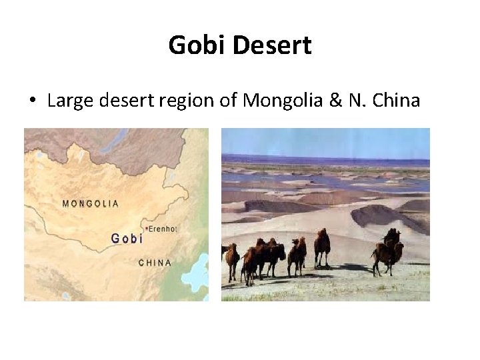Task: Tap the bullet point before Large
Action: tap(31, 101)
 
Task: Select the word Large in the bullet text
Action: tap(71, 101)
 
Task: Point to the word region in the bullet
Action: tap(187, 101)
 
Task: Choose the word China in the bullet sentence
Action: tap(396, 101)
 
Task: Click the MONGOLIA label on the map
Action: tap(91, 204)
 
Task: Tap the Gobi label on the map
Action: tap(127, 238)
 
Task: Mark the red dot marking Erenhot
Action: tap(146, 229)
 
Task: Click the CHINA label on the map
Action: tap(155, 263)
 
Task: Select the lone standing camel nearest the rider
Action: tap(322, 245)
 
